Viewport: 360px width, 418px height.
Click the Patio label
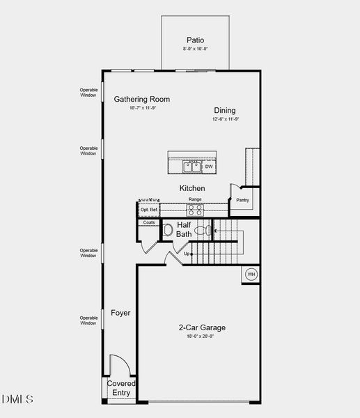[195, 40]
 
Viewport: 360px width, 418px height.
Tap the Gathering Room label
[142, 99]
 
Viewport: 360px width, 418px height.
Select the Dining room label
[224, 110]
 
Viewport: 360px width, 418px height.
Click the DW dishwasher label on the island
[208, 167]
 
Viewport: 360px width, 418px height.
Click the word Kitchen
[192, 188]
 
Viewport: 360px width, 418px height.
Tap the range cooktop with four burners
[195, 208]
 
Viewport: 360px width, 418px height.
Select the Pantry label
[242, 200]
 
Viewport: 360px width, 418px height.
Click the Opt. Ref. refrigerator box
[149, 209]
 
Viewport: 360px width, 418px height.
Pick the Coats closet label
[149, 223]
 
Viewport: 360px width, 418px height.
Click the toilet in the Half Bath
[202, 230]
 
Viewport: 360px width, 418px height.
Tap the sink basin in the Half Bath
[168, 230]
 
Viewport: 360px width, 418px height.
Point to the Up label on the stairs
[187, 254]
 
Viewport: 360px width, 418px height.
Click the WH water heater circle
[251, 274]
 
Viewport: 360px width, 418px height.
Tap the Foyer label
[120, 313]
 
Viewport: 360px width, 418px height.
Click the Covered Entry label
[121, 389]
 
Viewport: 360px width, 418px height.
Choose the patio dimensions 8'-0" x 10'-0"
[195, 49]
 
